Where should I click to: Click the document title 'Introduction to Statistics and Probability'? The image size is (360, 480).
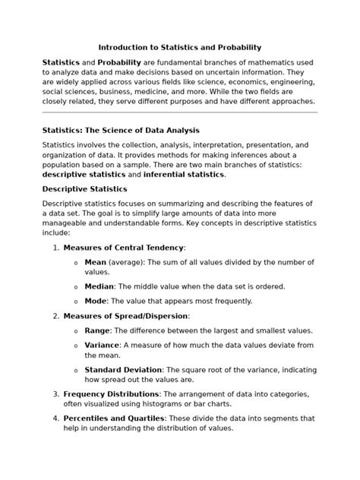tap(179, 46)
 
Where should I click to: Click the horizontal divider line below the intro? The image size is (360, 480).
tap(179, 112)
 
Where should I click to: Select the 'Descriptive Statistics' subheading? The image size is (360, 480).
tap(84, 188)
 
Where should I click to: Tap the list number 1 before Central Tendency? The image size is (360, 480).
tap(55, 248)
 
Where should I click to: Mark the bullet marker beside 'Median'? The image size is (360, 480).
tap(75, 287)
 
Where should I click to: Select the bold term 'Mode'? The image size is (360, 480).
tap(96, 301)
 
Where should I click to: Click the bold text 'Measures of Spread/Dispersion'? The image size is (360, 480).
tap(125, 316)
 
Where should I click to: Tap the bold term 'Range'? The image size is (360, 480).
tap(97, 330)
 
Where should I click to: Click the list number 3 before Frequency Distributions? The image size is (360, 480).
tap(55, 394)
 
